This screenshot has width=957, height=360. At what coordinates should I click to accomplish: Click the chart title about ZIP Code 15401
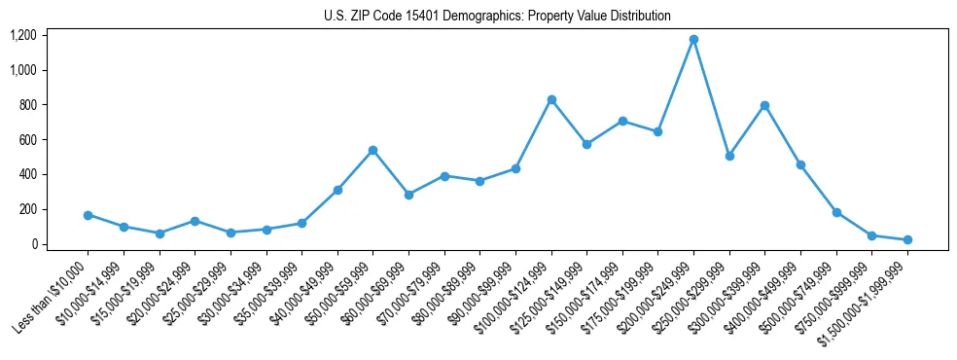[x=497, y=16]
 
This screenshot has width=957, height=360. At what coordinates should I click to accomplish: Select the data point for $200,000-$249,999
[x=693, y=40]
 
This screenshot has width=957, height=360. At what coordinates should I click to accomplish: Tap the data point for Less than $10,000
[x=88, y=215]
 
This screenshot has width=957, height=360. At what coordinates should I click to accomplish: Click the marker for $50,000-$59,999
[x=372, y=151]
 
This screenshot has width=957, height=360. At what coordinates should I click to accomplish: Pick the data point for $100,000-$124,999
[x=551, y=99]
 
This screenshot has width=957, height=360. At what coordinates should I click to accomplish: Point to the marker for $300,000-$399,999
[x=764, y=105]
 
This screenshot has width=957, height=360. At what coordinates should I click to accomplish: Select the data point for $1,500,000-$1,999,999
[x=907, y=239]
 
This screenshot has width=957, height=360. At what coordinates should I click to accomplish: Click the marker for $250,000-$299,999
[x=729, y=156]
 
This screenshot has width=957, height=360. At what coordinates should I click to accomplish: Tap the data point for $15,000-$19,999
[x=159, y=234]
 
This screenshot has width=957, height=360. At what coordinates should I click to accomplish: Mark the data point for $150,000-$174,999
[x=622, y=121]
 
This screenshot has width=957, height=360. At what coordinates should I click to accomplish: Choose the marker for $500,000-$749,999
[x=836, y=212]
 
